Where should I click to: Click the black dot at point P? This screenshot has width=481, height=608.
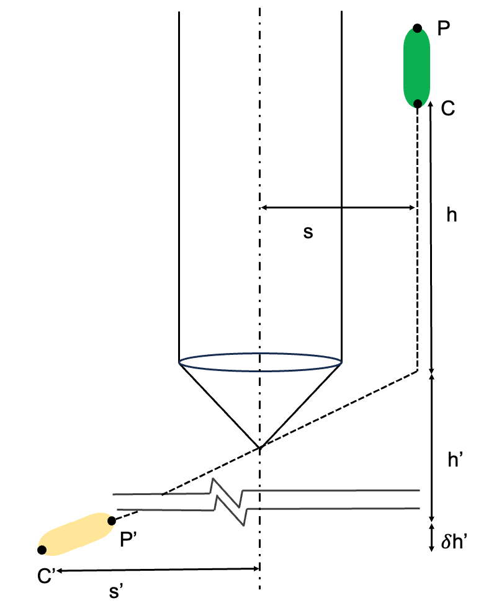point(418,28)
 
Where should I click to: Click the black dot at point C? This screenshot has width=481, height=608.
point(418,104)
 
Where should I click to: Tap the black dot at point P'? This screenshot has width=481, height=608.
point(112,521)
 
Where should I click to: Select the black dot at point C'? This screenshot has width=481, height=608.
point(42,550)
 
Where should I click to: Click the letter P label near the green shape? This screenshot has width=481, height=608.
point(444,29)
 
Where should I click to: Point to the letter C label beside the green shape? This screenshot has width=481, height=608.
point(449,109)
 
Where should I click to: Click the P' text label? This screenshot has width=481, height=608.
point(129,540)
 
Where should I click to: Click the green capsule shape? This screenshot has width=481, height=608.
point(417,66)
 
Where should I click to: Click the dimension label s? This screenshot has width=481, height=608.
point(308,233)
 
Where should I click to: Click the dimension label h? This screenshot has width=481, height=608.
point(452,215)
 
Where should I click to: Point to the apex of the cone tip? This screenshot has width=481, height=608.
point(260,447)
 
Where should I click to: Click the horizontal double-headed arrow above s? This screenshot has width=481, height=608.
point(338,208)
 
